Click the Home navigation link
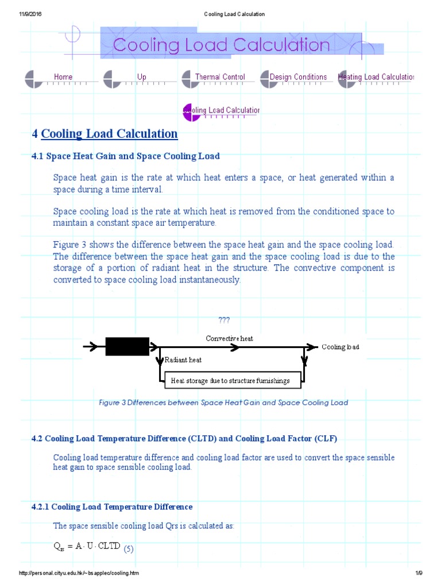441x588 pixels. (x=63, y=77)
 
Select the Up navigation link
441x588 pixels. (x=142, y=77)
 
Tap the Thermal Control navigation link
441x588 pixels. (x=220, y=77)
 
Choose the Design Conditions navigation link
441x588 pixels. (x=298, y=77)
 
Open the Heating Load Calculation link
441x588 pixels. (x=377, y=77)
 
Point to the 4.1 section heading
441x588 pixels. (x=126, y=156)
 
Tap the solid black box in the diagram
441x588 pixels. (x=127, y=346)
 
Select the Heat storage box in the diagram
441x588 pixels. (x=230, y=380)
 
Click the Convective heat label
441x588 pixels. (x=229, y=338)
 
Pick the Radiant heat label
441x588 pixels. (x=183, y=360)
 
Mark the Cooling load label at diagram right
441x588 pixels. (x=340, y=347)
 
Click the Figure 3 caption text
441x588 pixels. (x=223, y=403)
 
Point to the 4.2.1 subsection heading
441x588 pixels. (x=112, y=506)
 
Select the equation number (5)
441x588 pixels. (x=129, y=549)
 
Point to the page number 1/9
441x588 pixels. (x=419, y=574)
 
